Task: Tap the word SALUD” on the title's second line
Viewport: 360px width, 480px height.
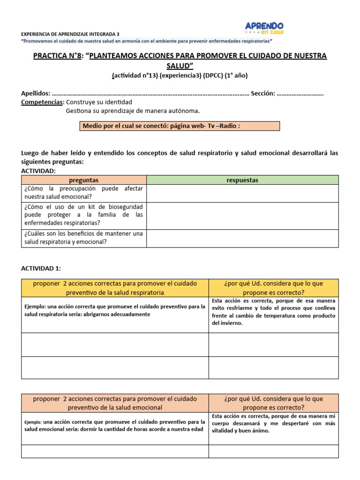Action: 180,65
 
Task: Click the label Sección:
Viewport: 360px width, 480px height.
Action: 262,93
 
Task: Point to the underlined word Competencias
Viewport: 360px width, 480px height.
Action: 43,102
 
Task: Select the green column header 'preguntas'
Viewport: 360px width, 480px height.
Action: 84,180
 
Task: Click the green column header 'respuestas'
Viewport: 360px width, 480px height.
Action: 242,180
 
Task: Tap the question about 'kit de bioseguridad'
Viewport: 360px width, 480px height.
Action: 84,215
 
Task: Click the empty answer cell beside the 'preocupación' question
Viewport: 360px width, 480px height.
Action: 242,193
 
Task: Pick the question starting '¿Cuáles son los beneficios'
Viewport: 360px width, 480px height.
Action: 84,238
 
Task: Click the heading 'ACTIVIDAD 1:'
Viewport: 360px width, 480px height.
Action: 41,268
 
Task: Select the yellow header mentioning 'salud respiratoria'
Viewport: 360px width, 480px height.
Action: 115,288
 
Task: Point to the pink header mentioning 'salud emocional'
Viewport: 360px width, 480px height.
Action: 115,403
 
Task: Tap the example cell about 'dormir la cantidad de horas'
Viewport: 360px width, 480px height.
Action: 115,425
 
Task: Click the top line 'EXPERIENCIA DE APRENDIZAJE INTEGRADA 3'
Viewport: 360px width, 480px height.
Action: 70,34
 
